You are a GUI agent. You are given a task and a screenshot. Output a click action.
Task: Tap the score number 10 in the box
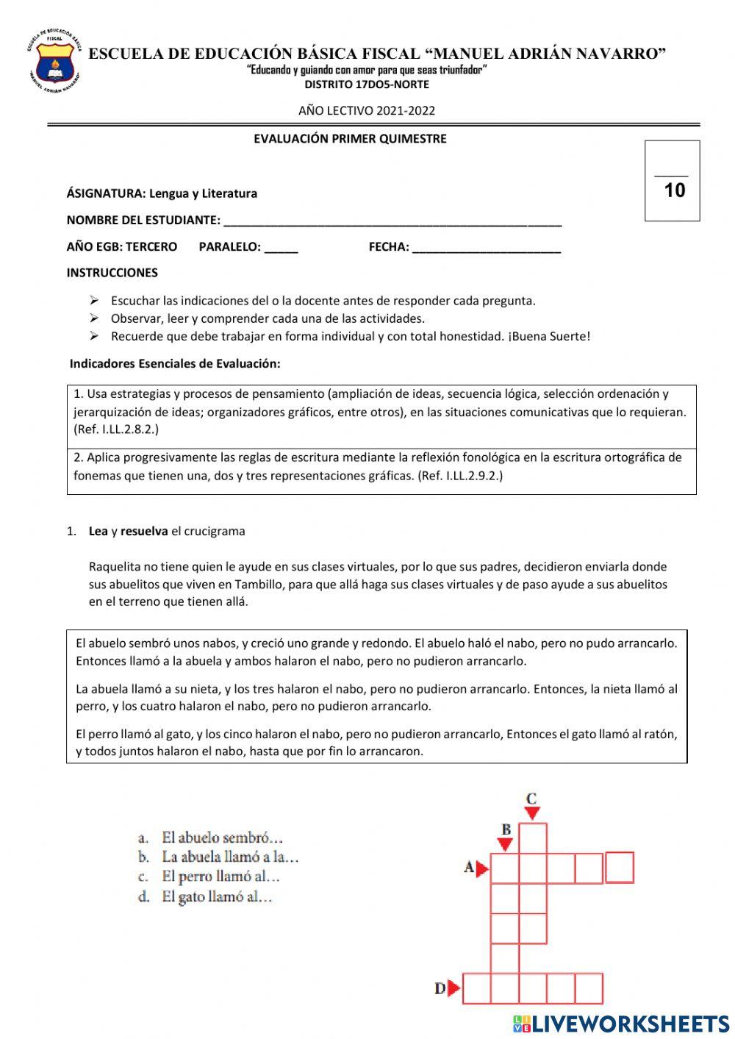click(674, 190)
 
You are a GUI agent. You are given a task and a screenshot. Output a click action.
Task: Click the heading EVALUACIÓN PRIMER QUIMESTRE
click(350, 139)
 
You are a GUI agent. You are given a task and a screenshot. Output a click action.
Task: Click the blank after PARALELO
click(281, 247)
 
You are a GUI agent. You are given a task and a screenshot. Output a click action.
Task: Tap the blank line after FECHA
click(486, 247)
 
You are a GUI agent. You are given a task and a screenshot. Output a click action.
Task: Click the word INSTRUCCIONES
click(112, 273)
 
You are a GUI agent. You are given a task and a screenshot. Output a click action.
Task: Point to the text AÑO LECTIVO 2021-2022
click(366, 111)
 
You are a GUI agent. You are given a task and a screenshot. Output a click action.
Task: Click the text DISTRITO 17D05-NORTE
click(367, 85)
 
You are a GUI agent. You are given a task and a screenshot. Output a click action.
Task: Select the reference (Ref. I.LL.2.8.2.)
click(116, 429)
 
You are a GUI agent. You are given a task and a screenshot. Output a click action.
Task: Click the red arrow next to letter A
click(482, 869)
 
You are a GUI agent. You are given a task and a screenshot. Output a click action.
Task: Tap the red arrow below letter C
click(532, 813)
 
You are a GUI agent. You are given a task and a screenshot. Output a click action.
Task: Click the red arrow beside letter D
click(454, 988)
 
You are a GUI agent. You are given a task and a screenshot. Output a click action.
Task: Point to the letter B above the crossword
click(506, 829)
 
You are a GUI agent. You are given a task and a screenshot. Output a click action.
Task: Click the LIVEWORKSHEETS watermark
click(621, 1024)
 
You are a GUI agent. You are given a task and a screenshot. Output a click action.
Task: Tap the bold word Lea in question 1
click(98, 531)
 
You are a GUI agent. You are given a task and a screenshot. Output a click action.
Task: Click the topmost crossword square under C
click(533, 838)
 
